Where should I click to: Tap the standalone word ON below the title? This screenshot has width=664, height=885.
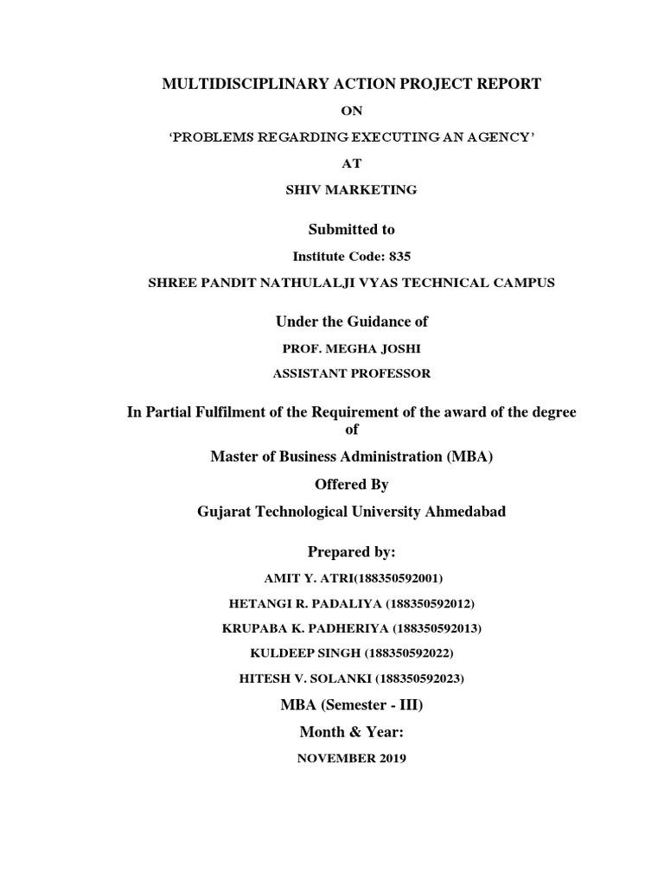pyautogui.click(x=351, y=111)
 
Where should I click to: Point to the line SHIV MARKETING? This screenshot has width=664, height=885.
pyautogui.click(x=351, y=190)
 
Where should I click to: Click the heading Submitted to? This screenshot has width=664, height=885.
pyautogui.click(x=351, y=229)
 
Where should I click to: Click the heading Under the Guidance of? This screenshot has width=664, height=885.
pyautogui.click(x=351, y=322)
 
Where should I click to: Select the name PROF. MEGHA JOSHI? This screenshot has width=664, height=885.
pyautogui.click(x=351, y=348)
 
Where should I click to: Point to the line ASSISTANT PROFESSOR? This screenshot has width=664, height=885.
pyautogui.click(x=351, y=374)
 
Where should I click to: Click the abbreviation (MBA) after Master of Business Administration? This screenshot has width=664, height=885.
pyautogui.click(x=469, y=457)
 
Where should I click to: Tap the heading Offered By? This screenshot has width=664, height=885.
pyautogui.click(x=351, y=485)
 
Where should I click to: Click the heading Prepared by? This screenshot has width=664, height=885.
pyautogui.click(x=351, y=551)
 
